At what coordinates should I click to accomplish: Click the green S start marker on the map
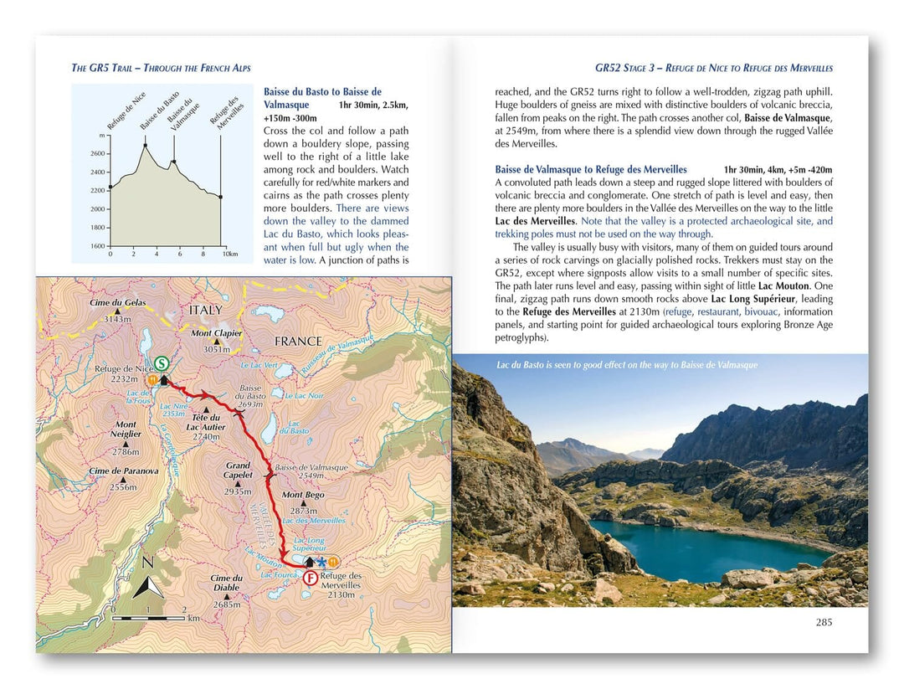162,363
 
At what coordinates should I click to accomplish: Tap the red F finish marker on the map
311,578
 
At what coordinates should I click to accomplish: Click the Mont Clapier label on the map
216,332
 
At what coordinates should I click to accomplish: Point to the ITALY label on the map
206,310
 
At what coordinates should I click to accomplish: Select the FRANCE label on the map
297,341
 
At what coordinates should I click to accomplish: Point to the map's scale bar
159,618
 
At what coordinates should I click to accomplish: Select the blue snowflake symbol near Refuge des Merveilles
321,561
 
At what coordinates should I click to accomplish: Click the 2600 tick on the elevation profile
97,154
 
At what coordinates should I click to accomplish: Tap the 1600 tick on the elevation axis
97,246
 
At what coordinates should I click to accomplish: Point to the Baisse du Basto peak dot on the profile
145,145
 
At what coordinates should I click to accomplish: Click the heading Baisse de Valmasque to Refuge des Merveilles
591,169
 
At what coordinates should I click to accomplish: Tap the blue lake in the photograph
695,548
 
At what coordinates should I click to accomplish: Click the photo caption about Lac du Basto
626,365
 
